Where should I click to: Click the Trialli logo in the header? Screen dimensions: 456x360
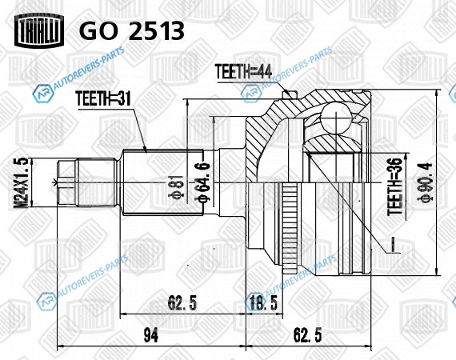click(x=39, y=30)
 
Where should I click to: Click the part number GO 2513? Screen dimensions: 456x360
click(x=132, y=30)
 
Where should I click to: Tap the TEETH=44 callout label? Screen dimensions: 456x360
click(x=243, y=71)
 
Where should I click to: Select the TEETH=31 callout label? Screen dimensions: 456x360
click(x=103, y=99)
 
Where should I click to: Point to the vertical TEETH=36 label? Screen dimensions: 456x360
click(x=394, y=186)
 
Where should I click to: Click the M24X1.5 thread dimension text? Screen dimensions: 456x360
click(x=22, y=182)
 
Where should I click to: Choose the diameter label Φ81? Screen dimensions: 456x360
click(x=176, y=186)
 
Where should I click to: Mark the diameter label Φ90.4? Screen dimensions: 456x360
click(x=426, y=182)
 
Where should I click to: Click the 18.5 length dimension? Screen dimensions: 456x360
click(x=264, y=302)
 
